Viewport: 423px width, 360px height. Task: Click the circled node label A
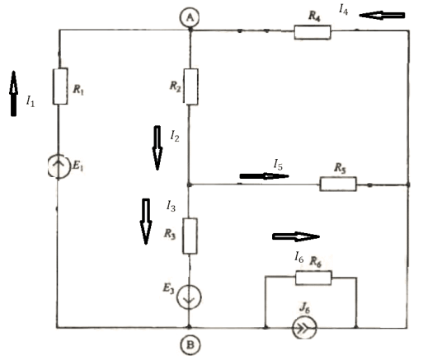[x=190, y=17]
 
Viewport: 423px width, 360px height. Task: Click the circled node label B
[x=190, y=345]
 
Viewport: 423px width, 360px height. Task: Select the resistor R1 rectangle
[x=60, y=86]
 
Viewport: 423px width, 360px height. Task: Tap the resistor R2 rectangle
[x=190, y=86]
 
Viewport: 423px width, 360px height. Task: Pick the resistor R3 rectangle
[x=190, y=236]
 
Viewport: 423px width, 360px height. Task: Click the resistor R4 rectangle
[x=313, y=32]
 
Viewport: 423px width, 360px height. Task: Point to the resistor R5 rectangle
[x=338, y=184]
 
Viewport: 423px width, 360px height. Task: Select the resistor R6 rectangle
[x=313, y=278]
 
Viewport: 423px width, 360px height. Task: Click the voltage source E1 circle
[x=59, y=166]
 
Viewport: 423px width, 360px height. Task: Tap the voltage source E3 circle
[x=189, y=297]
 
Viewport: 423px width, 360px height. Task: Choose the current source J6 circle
[x=304, y=328]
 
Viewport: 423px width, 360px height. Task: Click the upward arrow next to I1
[x=13, y=94]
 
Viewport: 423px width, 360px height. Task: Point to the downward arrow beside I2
[x=157, y=148]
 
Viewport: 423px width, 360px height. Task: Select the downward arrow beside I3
[x=146, y=222]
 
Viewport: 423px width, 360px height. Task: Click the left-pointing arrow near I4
[x=382, y=16]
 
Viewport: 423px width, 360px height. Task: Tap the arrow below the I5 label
[x=264, y=176]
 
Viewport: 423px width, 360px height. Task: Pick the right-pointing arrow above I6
[x=296, y=236]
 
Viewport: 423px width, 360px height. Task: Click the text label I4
[x=343, y=10]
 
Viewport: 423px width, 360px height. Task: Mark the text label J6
[x=304, y=308]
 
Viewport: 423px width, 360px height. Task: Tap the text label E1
[x=78, y=166]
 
